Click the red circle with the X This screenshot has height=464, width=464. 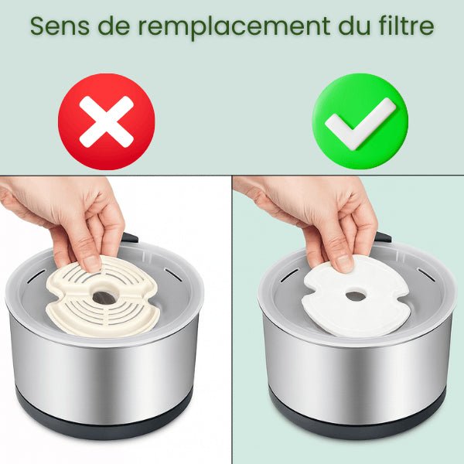[107, 121]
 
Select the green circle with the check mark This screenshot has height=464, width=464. [360, 121]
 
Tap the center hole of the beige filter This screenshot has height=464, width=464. [101, 296]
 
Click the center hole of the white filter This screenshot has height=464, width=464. [355, 295]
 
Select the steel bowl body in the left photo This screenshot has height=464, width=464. [104, 371]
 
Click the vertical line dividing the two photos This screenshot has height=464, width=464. [232, 325]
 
